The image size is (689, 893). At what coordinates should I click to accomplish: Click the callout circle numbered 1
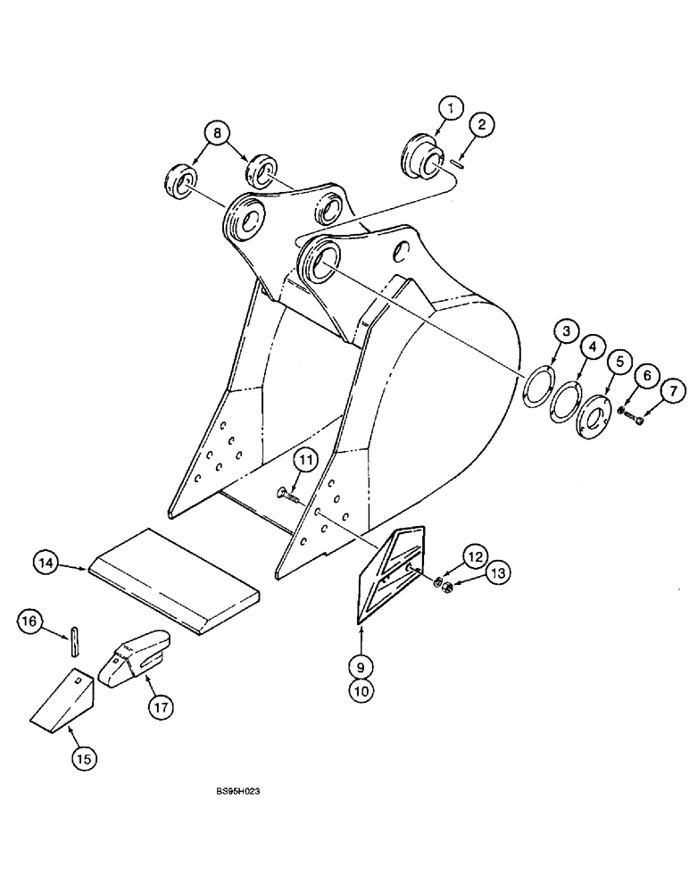point(452,109)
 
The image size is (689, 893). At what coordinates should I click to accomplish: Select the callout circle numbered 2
point(481,126)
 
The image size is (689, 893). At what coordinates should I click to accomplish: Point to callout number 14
point(46,563)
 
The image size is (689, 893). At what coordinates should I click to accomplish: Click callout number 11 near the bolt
point(306,460)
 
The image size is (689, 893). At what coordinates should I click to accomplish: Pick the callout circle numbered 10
point(362,689)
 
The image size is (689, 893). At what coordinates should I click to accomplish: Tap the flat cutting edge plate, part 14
point(174,580)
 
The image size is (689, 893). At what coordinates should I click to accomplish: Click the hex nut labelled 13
point(448,588)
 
